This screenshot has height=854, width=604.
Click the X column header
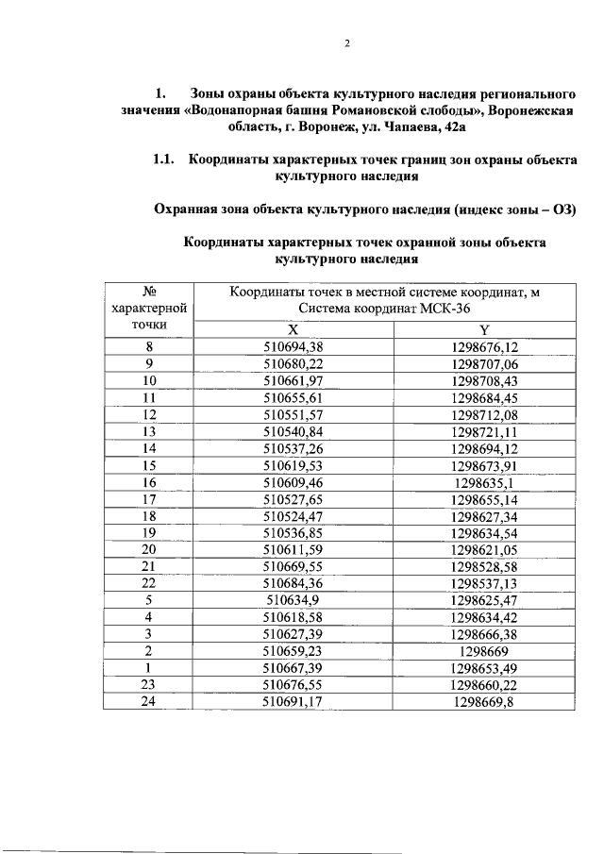(x=293, y=330)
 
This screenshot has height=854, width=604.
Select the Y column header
(x=484, y=330)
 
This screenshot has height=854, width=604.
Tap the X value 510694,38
(x=293, y=346)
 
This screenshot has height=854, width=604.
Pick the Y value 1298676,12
(x=485, y=346)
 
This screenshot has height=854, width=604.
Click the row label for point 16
(x=148, y=481)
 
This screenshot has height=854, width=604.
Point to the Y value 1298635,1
(x=485, y=481)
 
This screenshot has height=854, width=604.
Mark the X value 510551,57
(x=293, y=413)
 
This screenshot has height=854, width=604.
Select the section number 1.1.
(x=165, y=159)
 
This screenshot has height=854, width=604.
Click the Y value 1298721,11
(x=485, y=430)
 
